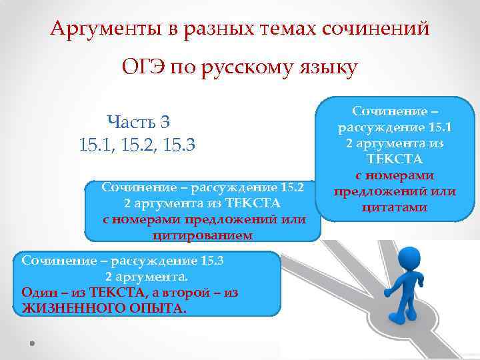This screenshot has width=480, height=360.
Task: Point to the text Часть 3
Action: (x=138, y=121)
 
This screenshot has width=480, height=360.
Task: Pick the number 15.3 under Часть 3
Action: (x=178, y=144)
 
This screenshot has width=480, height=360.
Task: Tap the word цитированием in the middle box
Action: (x=201, y=235)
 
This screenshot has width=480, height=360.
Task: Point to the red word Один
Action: (x=37, y=293)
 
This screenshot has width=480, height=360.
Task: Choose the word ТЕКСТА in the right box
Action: (x=395, y=159)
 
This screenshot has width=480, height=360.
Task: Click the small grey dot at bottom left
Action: (x=31, y=344)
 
